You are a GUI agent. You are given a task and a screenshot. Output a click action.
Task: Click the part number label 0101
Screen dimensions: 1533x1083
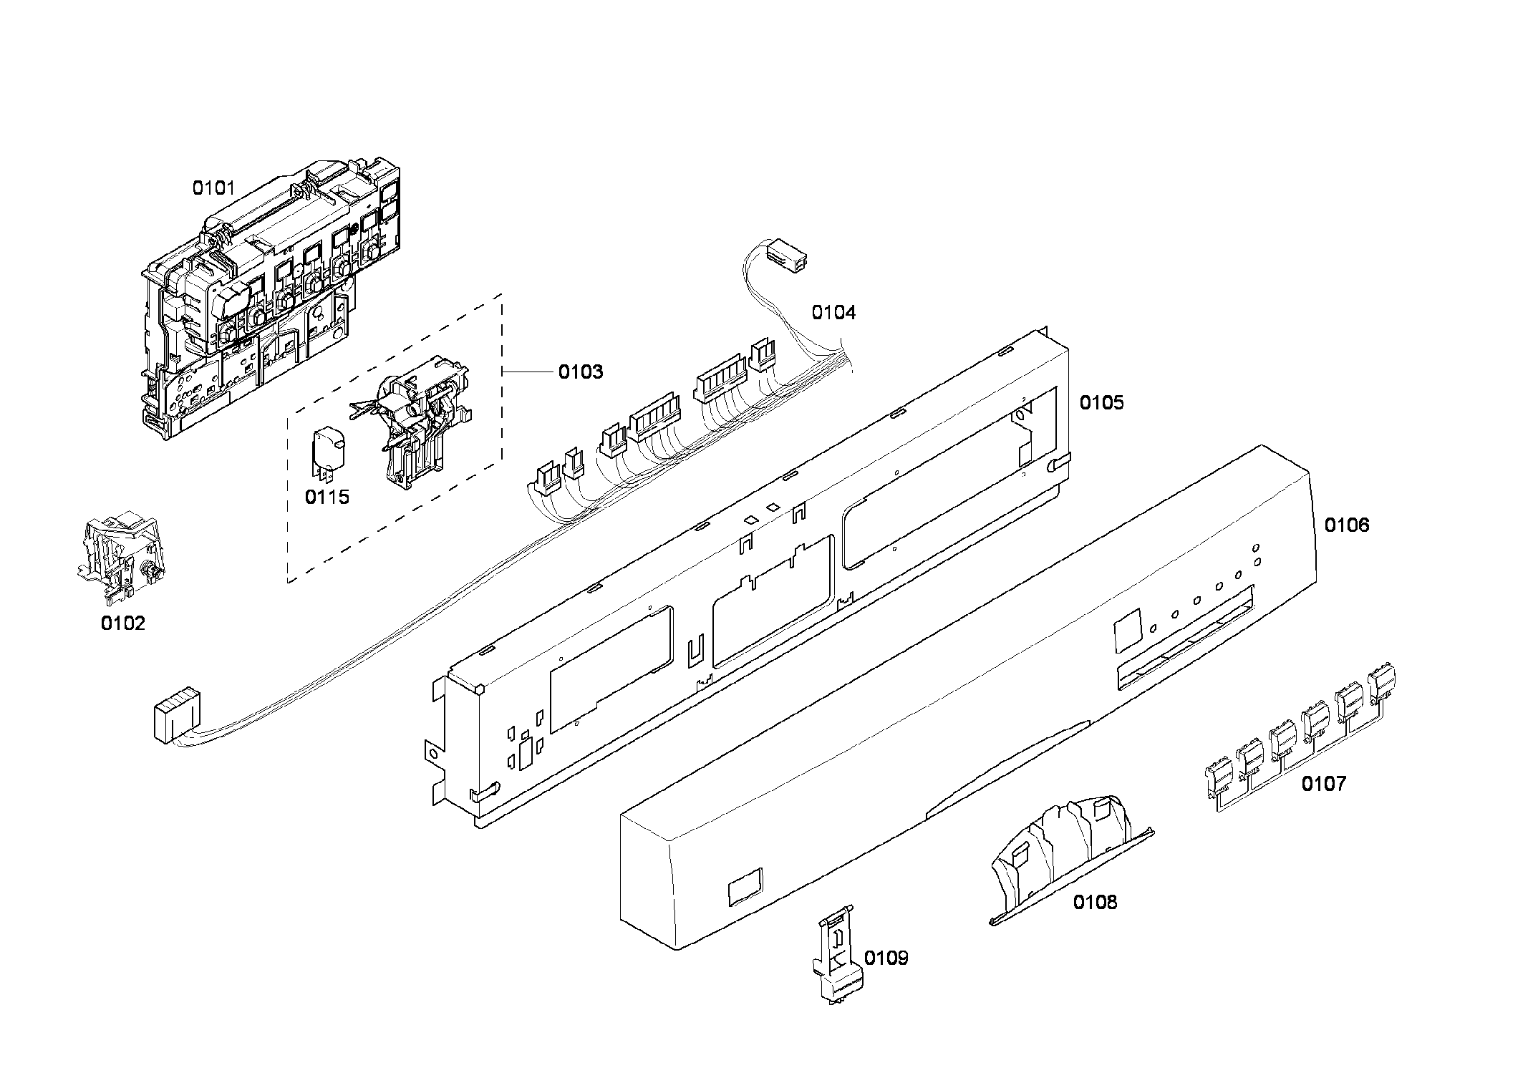pos(213,188)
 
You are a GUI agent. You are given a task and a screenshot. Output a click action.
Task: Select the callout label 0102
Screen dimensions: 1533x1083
pos(122,623)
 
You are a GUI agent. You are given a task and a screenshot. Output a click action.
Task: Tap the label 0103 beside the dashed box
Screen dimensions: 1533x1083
pos(580,372)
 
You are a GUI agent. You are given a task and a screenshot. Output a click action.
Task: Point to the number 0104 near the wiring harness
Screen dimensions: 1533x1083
pos(833,313)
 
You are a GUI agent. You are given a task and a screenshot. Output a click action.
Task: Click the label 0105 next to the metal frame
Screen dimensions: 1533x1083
pos(1101,403)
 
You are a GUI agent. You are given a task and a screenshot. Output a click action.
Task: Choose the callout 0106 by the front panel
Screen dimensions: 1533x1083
pos(1346,525)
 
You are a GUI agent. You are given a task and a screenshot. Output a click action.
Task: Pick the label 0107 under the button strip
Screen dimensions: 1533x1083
pos(1323,784)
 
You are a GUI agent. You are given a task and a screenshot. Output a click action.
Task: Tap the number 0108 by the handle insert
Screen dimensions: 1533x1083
pos(1094,903)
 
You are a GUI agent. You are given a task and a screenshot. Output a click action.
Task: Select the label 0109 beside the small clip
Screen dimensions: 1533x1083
pos(886,958)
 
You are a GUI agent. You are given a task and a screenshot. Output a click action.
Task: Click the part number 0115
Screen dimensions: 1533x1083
pos(327,497)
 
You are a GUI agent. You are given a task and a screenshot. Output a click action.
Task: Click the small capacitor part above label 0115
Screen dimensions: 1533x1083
pos(328,452)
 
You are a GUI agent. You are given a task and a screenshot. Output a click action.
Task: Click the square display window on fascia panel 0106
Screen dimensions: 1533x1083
pos(1127,630)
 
